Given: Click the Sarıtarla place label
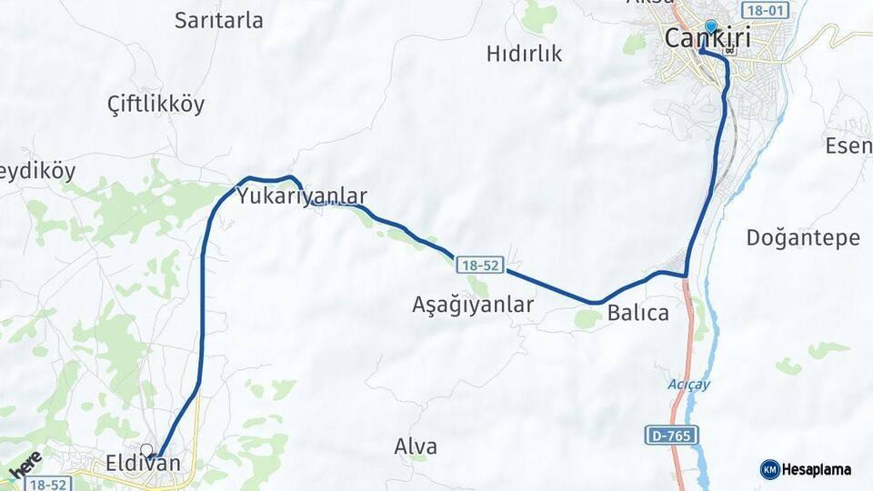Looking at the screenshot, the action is [x=219, y=20].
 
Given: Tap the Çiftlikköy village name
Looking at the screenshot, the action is [x=156, y=104].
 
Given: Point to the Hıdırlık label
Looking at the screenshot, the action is [x=524, y=54].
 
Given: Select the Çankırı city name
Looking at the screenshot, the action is [x=713, y=39].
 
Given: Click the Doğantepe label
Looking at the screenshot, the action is [x=802, y=238].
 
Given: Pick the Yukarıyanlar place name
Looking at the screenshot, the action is [x=302, y=195].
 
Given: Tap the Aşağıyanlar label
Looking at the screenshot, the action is [x=473, y=306].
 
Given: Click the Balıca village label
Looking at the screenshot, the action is [x=638, y=314].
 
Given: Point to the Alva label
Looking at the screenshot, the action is [x=416, y=447].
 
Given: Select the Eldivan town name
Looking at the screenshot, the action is [x=143, y=464].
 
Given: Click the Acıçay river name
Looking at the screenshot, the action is [x=687, y=384].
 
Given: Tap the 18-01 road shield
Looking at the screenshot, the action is [x=762, y=10].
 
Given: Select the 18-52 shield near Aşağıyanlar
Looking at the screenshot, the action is [x=480, y=265].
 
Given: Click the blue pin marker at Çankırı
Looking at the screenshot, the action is [x=710, y=28].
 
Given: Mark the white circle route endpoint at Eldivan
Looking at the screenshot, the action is [x=146, y=449].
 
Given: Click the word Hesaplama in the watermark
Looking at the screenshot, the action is [x=817, y=469].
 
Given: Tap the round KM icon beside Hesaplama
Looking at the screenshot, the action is [x=770, y=469].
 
